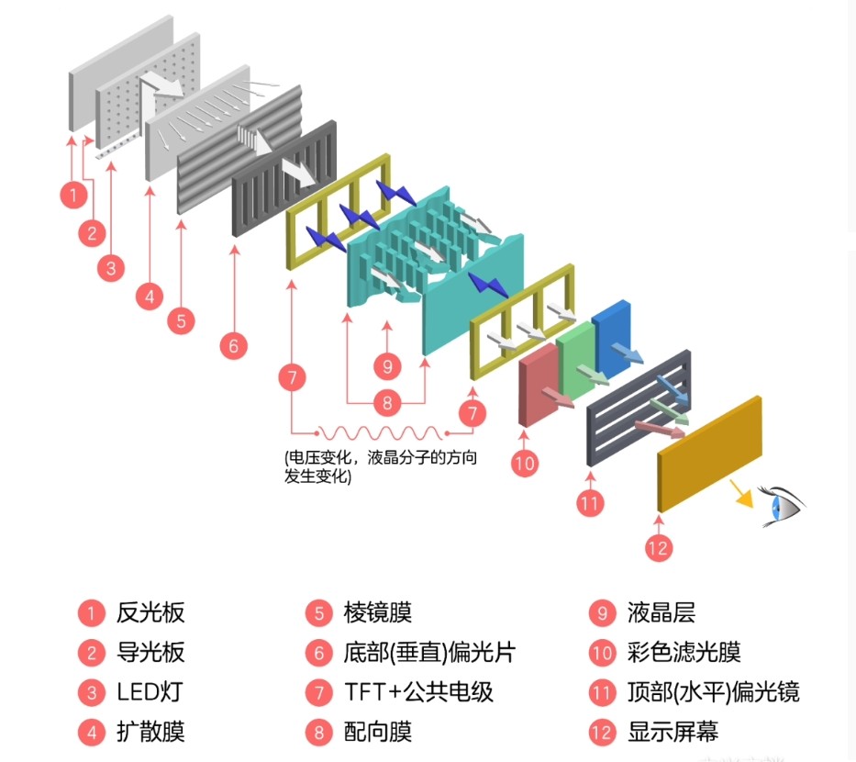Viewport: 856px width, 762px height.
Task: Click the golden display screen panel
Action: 709,454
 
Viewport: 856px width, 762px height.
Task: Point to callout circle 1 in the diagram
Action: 72,195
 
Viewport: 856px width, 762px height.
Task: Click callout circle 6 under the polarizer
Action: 234,346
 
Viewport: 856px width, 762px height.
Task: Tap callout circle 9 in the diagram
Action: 388,365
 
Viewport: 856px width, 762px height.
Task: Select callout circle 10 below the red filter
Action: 524,464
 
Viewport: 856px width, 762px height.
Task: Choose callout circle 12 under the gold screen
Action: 658,548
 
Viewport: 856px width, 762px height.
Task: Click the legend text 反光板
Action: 150,612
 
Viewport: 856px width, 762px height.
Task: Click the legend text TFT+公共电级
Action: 418,691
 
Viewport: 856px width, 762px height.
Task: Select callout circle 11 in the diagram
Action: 590,502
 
